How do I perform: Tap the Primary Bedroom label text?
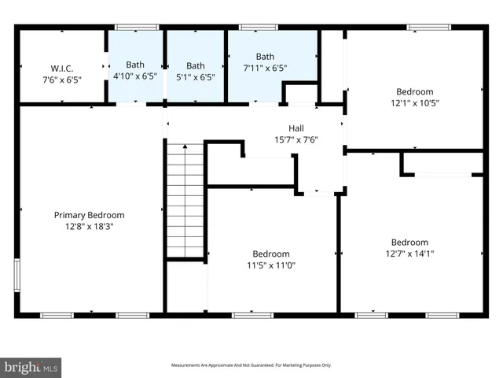pos(89,215)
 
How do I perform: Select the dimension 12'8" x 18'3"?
pos(89,226)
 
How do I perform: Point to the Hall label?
pos(296,128)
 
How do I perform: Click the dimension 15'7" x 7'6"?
pos(296,140)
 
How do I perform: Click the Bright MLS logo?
pos(31,367)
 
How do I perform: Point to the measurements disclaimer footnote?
pos(251,365)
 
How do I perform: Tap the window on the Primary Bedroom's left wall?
pos(17,277)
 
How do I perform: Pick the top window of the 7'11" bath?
pos(252,28)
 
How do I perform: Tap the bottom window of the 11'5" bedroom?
pos(251,315)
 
